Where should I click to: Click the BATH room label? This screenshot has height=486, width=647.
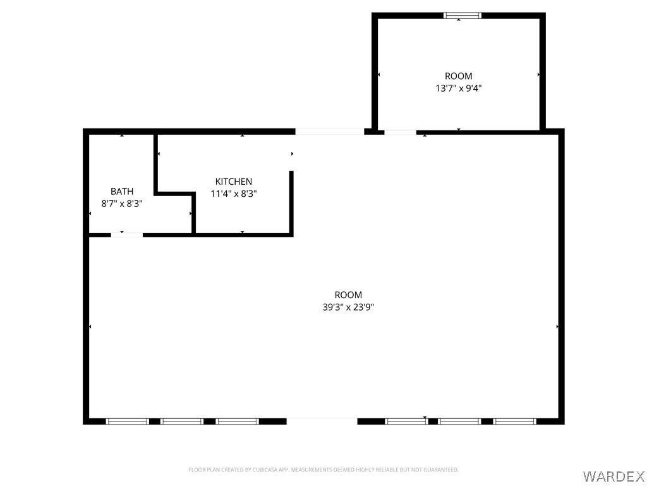coord(122,191)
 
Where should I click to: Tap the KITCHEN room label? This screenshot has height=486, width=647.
coord(234,182)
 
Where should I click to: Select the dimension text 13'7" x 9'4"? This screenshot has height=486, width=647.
coord(459,88)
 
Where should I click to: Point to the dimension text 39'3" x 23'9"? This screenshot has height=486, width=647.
coord(348,307)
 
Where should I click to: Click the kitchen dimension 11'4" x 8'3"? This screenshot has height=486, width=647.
coord(234,194)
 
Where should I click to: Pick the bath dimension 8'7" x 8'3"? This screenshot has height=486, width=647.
coord(122,203)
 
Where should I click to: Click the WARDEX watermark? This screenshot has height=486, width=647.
coord(614,476)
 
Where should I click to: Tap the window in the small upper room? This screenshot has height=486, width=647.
coord(462,16)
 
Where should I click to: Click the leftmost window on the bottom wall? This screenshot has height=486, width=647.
coord(127,421)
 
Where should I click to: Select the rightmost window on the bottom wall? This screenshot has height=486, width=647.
coord(514,421)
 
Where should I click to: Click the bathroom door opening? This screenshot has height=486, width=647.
coord(126,235)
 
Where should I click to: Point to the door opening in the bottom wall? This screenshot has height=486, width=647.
coord(322,421)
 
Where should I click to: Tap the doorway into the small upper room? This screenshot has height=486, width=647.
coord(400,132)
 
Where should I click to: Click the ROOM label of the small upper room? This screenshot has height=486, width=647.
coord(459,76)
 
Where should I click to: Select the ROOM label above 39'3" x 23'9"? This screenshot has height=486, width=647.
coord(348,295)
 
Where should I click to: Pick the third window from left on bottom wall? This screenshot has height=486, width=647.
coord(237,421)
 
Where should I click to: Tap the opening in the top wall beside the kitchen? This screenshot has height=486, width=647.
coord(330,132)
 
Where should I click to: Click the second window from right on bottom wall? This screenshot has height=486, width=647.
coord(459,421)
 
